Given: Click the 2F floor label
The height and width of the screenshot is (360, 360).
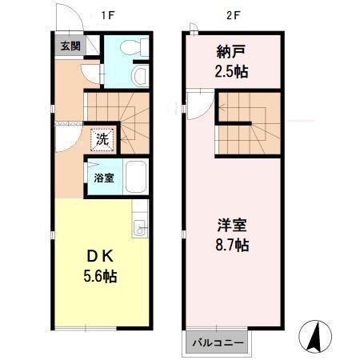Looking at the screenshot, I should coord(232,14).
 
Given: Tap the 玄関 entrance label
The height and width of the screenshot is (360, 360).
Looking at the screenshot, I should coord(70,45).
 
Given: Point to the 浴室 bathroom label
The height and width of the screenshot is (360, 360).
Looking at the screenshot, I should coord(104,178).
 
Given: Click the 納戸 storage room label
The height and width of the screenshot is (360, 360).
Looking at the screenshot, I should coord(231,53).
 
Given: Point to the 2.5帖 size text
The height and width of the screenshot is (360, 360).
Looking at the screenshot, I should coord(231,70).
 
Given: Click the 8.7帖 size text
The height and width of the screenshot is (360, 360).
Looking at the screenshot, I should coord(231,246).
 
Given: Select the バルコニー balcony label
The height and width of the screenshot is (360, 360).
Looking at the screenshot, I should coord(218,342).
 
